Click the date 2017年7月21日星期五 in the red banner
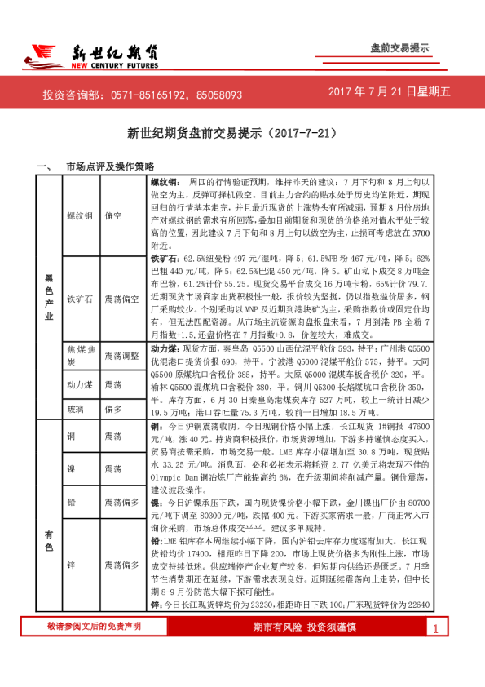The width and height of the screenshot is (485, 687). (x=389, y=93)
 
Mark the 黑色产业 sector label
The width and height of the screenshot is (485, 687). (x=49, y=298)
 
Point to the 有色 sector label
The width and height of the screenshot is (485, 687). (x=49, y=541)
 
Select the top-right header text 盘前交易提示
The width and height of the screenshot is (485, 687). (x=399, y=48)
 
